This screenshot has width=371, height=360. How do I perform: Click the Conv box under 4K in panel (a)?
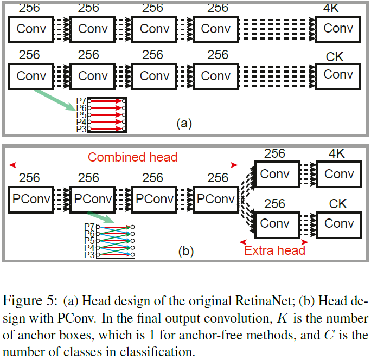[338, 29]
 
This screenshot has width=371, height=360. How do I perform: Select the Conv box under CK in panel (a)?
[338, 75]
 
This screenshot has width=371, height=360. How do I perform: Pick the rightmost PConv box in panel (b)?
[215, 199]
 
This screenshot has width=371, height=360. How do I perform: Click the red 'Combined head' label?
[132, 157]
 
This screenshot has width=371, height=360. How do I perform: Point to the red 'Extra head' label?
[274, 250]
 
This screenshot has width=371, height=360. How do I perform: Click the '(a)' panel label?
[184, 124]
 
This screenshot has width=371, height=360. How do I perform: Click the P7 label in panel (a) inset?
[81, 101]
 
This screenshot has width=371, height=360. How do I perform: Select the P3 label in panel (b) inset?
[89, 255]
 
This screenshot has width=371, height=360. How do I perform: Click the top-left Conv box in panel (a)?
[31, 29]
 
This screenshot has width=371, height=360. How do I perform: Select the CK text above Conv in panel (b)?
[337, 204]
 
